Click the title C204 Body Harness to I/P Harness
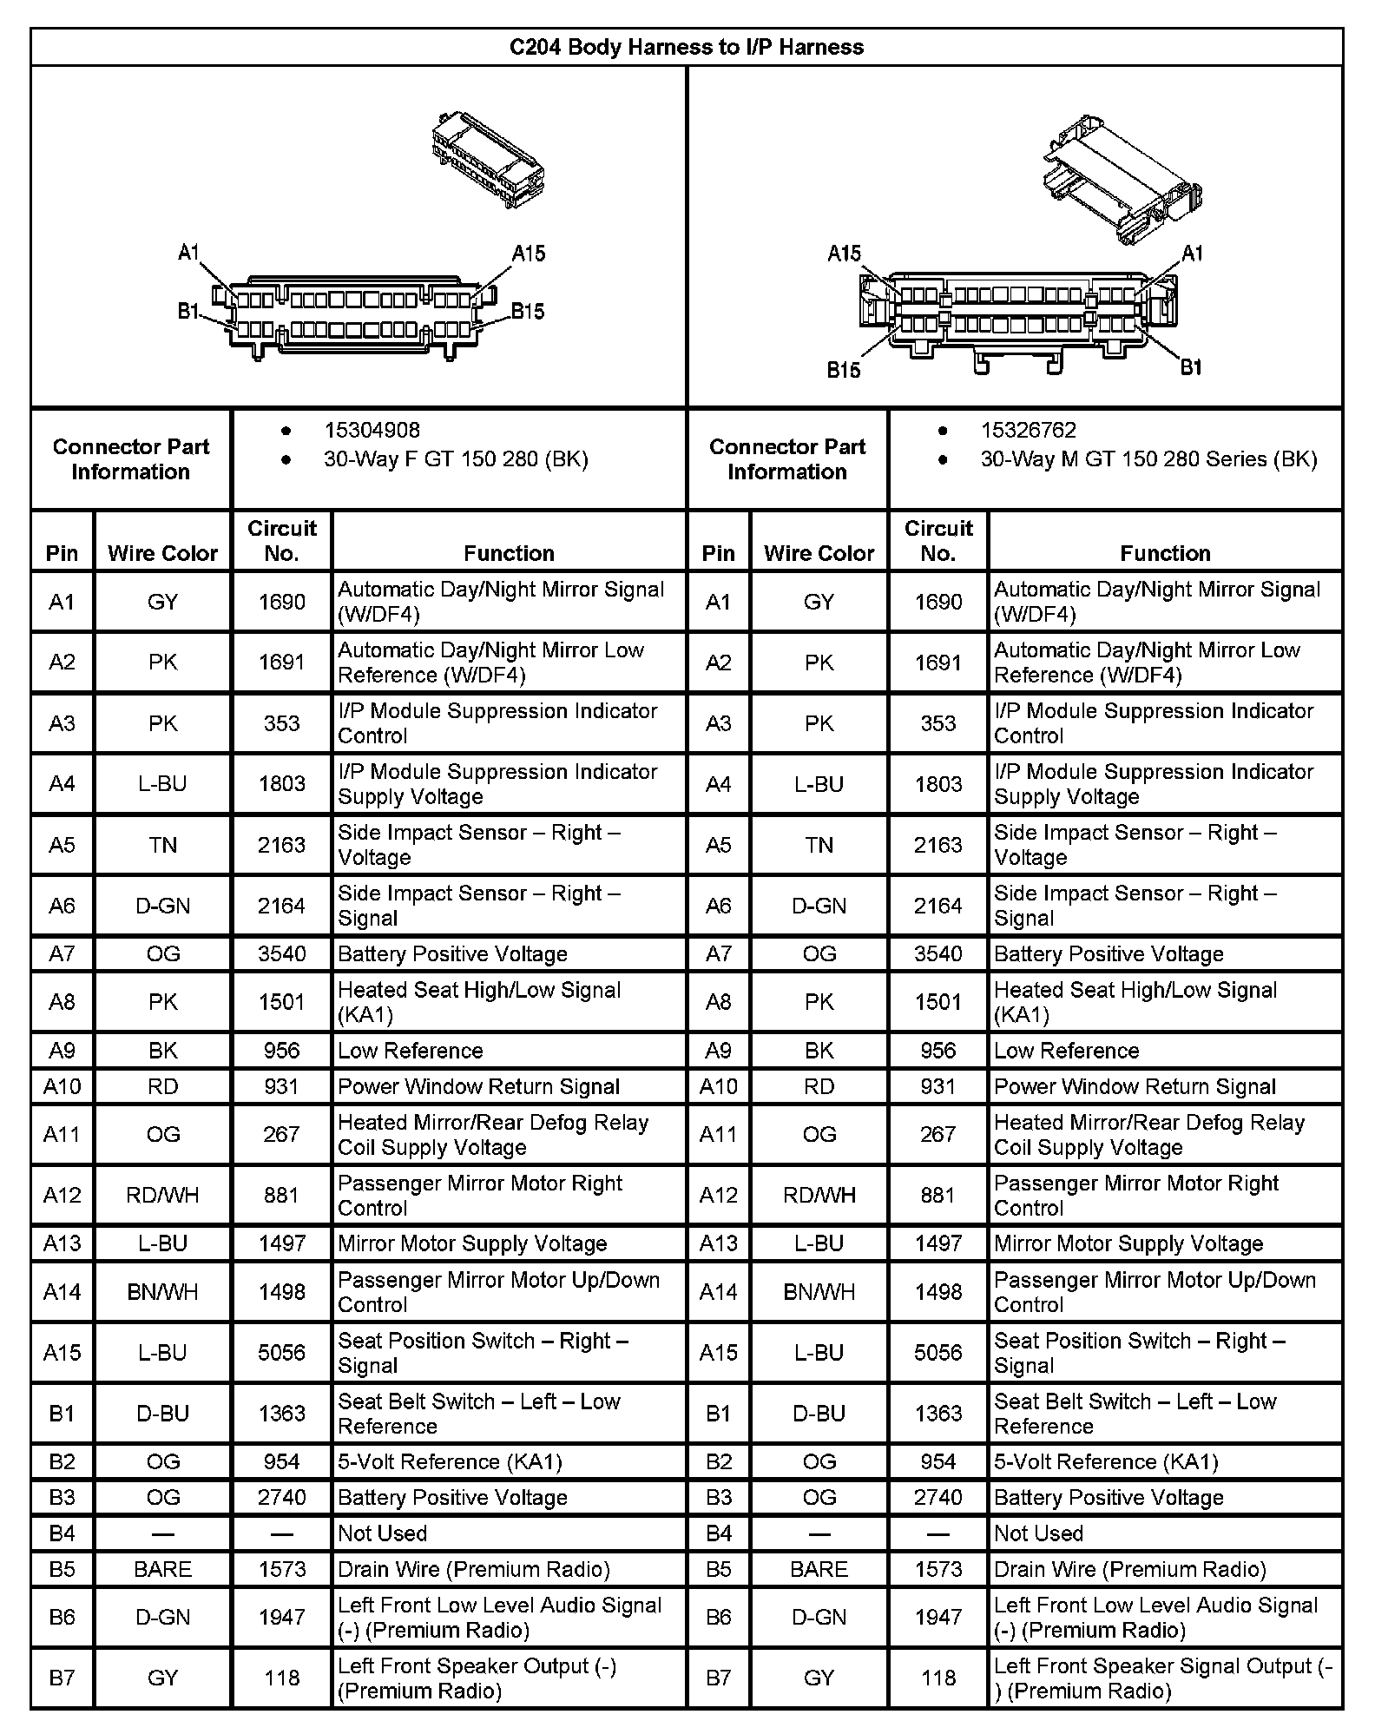click(686, 47)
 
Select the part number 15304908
click(372, 430)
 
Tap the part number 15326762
click(1028, 430)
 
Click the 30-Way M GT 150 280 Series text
click(1148, 459)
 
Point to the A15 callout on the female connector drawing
click(528, 254)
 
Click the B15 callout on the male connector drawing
click(843, 371)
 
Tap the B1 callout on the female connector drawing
click(188, 311)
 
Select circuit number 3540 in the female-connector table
click(281, 954)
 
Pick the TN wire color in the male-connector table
click(819, 845)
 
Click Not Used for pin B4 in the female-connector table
click(382, 1533)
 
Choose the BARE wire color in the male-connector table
click(819, 1569)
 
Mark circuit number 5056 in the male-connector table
click(937, 1353)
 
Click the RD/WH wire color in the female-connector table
click(162, 1196)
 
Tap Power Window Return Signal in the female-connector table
click(478, 1087)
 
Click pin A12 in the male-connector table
click(718, 1196)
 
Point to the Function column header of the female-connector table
click(509, 553)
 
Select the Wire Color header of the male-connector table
click(819, 553)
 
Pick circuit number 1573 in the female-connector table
click(281, 1569)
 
